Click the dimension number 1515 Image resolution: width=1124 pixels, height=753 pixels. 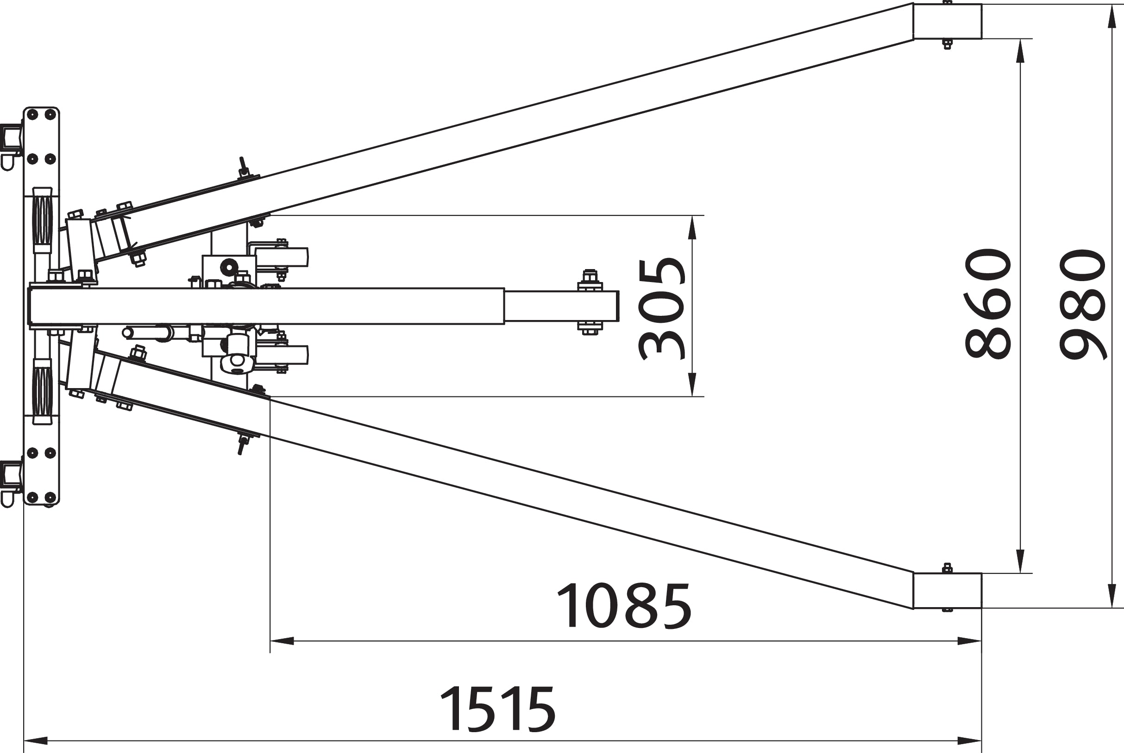[497, 709]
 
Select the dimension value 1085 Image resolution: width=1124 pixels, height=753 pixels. [623, 606]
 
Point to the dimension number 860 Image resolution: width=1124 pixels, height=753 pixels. [988, 303]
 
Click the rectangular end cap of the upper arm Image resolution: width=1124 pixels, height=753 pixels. [947, 21]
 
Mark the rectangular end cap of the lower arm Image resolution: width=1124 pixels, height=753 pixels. [947, 590]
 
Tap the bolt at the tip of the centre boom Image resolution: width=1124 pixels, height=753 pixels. [590, 278]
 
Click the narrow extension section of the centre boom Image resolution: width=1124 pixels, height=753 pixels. [561, 306]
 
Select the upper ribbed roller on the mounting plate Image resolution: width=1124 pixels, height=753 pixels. [42, 220]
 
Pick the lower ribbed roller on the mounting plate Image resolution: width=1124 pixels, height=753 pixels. [42, 391]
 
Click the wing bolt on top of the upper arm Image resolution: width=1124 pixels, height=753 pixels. [244, 167]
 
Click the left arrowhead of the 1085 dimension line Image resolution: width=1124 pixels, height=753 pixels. [282, 640]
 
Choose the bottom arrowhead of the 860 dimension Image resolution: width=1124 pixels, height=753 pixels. [1021, 561]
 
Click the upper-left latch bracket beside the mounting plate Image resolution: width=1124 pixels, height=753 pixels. [11, 139]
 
